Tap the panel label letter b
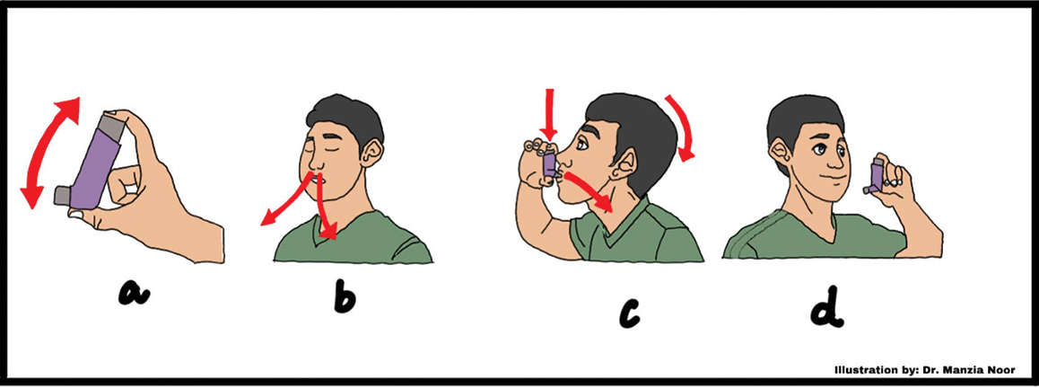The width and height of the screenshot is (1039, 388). coord(344,295)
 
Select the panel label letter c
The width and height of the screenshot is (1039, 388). coord(629,313)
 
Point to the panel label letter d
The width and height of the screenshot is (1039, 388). coord(827,306)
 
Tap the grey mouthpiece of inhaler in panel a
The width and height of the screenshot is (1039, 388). coord(63,194)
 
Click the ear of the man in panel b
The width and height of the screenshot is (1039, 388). coord(371,154)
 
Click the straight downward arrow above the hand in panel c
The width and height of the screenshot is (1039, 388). coord(548,113)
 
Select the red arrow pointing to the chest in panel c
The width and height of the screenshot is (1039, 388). coord(589,191)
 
